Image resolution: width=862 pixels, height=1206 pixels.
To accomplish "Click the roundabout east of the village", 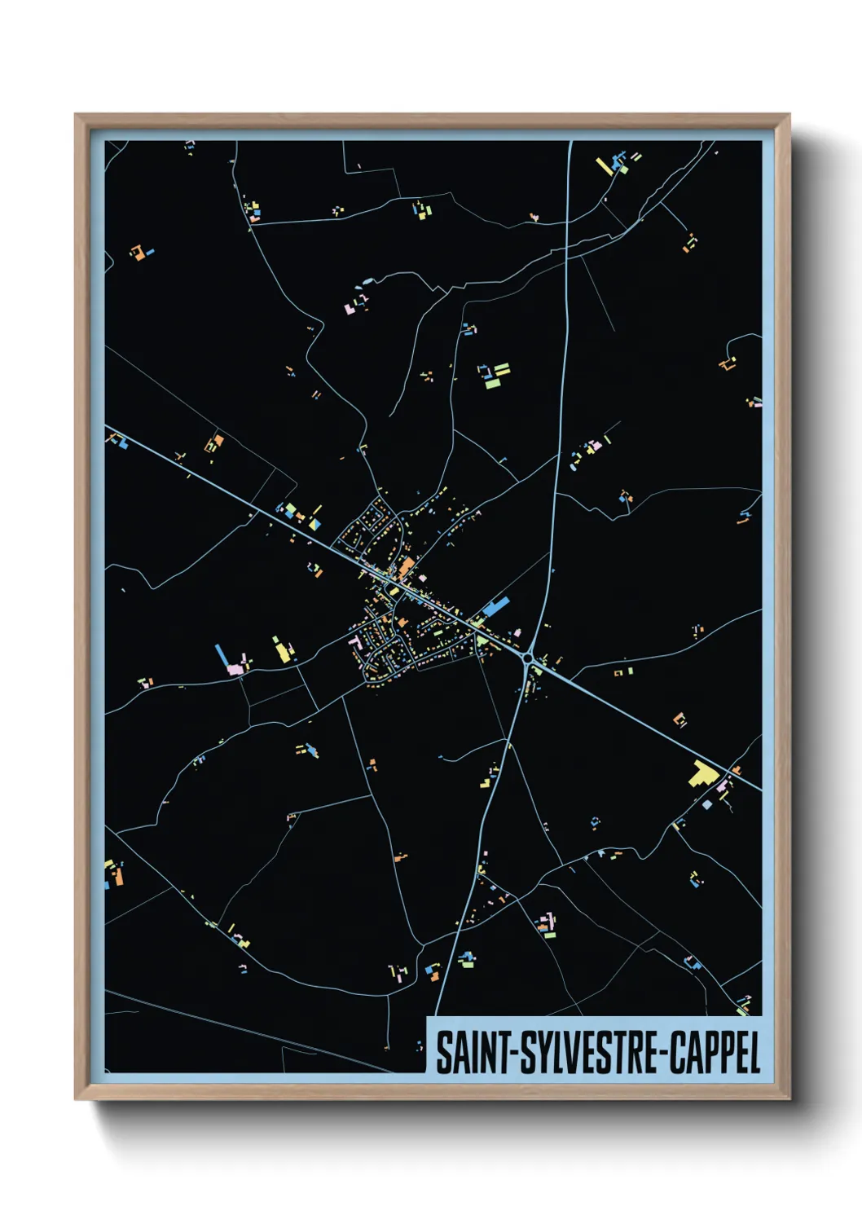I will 530,656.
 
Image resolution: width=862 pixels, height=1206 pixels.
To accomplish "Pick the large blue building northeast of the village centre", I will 496,607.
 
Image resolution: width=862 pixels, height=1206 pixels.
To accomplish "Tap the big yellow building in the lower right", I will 702,772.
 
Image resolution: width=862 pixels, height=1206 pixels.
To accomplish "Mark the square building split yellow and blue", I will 314,523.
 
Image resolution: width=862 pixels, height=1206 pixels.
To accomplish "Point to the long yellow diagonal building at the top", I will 604,166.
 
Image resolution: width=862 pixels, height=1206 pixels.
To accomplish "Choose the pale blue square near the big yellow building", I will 707,805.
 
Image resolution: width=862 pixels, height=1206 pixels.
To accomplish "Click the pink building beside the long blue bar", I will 236,669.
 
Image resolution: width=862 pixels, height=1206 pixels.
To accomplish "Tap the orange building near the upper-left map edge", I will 140,253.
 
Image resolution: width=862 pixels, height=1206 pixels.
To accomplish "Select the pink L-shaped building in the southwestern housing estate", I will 355,644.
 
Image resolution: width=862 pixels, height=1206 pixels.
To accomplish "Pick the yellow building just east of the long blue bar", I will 283,651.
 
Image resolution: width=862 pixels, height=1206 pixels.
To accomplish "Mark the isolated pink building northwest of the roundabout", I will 517,631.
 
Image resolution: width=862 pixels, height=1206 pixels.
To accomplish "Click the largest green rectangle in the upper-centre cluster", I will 493,381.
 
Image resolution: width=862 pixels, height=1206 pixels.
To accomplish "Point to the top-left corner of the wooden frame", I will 77,116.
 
